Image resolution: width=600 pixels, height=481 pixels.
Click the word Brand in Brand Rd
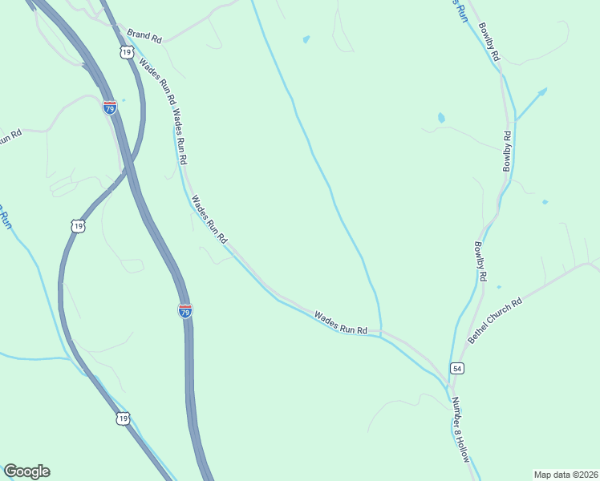[138, 35]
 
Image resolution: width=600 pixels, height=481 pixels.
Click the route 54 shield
[456, 368]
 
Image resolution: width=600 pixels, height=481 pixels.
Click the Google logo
[26, 471]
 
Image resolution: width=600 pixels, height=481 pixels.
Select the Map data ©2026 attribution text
[565, 474]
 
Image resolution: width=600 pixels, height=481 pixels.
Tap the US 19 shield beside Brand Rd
[126, 52]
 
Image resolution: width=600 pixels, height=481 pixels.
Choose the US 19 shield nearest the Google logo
[122, 418]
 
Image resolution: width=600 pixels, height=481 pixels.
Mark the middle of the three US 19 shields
[77, 226]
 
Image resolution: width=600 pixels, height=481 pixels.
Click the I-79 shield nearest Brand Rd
[110, 107]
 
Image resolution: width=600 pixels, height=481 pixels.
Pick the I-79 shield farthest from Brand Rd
[185, 310]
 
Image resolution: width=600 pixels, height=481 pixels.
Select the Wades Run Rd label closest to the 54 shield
[340, 323]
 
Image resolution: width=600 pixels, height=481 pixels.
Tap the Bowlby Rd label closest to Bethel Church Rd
[480, 261]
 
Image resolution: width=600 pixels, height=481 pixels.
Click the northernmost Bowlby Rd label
[489, 42]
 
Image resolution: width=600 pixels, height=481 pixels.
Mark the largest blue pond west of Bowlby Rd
[441, 118]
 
